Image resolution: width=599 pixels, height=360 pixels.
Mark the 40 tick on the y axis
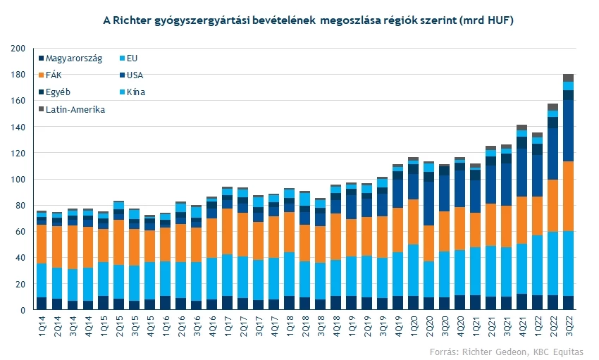[x=19, y=258]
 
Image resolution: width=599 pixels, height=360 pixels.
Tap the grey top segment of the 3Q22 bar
[x=568, y=77]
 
